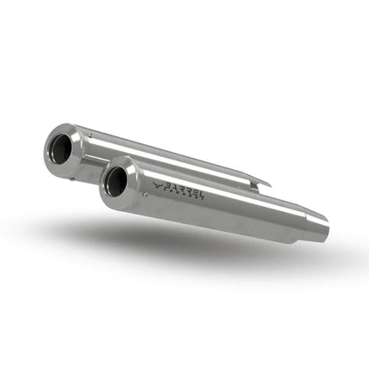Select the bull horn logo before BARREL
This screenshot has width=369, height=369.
pos(156,182)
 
